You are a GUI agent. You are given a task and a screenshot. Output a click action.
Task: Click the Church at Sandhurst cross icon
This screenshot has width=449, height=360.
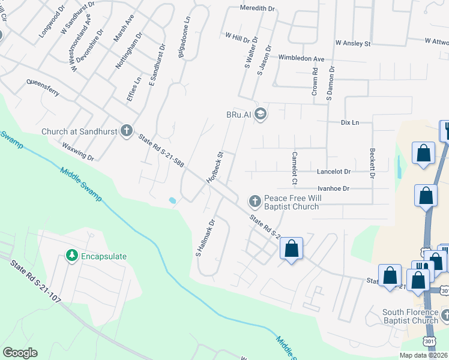point(126,130)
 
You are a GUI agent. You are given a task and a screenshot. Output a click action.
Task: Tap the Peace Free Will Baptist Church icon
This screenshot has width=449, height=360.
point(255,200)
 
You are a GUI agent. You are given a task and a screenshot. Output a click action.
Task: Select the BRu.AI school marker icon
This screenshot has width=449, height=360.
point(261,114)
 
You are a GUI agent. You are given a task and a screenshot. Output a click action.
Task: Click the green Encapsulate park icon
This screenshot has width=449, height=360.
point(72,256)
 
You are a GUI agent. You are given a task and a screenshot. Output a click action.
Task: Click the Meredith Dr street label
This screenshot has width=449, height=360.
point(257,9)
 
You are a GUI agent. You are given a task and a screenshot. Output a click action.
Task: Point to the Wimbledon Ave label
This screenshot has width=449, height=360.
point(301,58)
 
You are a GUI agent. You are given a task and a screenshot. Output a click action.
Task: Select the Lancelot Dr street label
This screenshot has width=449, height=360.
point(333,172)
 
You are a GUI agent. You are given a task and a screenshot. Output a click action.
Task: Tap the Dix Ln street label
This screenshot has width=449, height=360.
point(349,122)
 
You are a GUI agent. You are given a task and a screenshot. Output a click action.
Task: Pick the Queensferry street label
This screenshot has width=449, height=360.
point(42,88)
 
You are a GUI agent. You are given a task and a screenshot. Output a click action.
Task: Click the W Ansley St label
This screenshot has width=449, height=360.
point(354,43)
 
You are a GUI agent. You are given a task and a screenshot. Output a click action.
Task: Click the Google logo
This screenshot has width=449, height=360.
point(20,353)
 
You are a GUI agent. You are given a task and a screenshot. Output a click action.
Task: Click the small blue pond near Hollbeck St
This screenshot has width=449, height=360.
point(173,200)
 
